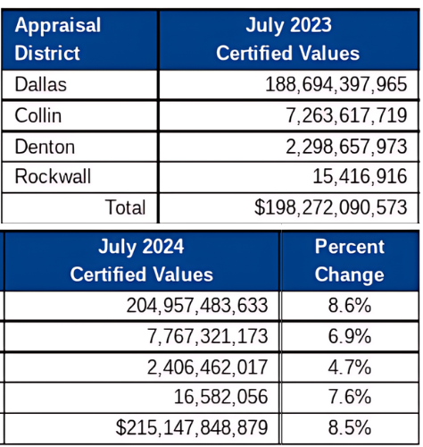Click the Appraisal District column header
click(58, 39)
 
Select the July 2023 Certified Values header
click(288, 39)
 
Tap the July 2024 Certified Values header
click(142, 260)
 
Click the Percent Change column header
click(350, 260)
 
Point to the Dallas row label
click(41, 84)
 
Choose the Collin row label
click(38, 115)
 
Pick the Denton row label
click(45, 147)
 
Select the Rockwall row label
click(53, 176)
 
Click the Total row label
click(125, 207)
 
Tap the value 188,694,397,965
click(336, 84)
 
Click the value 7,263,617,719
click(346, 115)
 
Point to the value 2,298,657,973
click(346, 147)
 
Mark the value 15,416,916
click(360, 176)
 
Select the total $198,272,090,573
click(330, 207)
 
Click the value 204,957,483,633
click(197, 306)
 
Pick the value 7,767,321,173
click(207, 336)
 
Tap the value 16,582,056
click(220, 397)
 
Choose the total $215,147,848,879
click(192, 427)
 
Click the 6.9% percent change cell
click(350, 336)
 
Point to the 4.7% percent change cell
click(350, 367)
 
